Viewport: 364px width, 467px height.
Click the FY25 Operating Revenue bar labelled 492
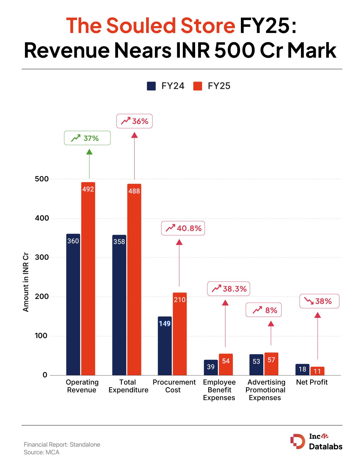(88, 278)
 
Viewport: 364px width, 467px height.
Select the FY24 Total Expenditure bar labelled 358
(119, 305)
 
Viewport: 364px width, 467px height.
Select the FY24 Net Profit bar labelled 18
(302, 370)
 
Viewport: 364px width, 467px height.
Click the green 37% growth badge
(87, 138)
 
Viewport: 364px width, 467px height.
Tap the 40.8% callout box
(183, 228)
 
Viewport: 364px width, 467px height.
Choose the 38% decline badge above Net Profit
(319, 301)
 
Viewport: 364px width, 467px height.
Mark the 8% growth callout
(264, 310)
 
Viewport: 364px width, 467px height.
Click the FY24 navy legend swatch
(151, 86)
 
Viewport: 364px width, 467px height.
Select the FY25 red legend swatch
(198, 86)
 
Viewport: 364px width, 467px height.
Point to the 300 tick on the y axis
(42, 257)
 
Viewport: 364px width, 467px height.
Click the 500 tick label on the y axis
(42, 179)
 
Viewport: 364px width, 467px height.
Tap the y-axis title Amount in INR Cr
(26, 282)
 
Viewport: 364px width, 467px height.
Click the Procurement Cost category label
(174, 386)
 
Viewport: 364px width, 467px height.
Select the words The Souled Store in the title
(150, 26)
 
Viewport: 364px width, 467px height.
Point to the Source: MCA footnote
(41, 452)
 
